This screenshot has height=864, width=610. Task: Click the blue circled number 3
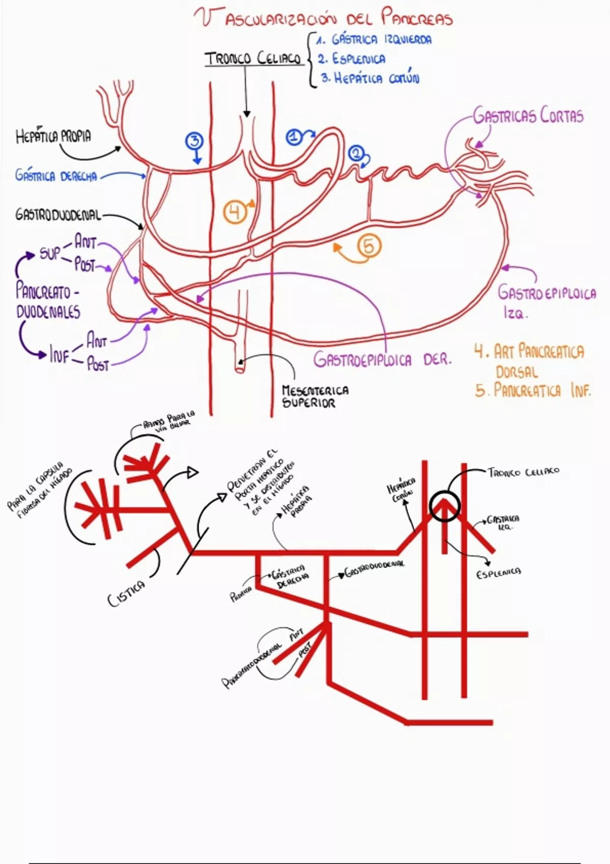click(x=195, y=141)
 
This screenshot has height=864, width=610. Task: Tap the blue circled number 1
click(x=294, y=137)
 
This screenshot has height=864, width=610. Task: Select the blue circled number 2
click(x=356, y=153)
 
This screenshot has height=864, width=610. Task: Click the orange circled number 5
click(x=369, y=246)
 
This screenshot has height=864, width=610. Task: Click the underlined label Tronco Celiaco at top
click(x=253, y=59)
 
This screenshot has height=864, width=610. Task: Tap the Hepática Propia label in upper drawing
click(x=53, y=137)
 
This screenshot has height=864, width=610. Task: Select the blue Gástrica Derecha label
click(x=56, y=176)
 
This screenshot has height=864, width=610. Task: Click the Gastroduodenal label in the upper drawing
click(x=58, y=215)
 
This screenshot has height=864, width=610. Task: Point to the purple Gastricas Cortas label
click(x=528, y=116)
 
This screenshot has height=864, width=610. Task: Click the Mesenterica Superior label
click(x=315, y=397)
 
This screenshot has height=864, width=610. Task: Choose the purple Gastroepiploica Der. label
click(x=382, y=360)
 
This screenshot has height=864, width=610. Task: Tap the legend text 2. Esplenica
click(x=352, y=59)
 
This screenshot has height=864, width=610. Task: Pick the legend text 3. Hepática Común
click(x=370, y=79)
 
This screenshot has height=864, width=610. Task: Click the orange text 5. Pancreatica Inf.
click(x=533, y=391)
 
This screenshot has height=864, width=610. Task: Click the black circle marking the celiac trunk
click(x=444, y=506)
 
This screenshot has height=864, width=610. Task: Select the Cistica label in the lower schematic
click(x=126, y=594)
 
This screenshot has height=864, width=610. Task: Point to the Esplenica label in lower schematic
click(x=498, y=573)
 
